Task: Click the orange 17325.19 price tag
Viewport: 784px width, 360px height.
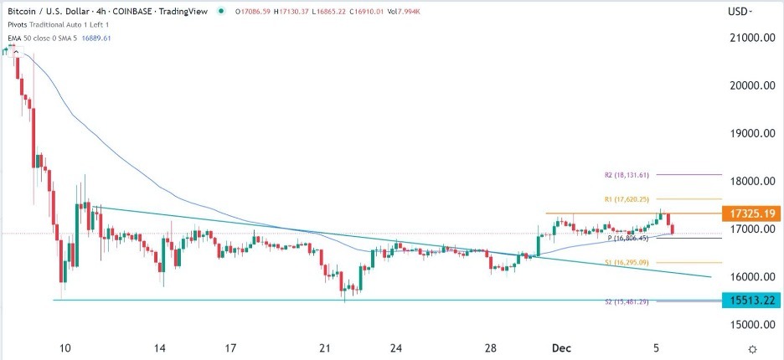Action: coord(751,213)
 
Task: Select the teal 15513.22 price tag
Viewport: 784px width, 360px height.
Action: coord(751,300)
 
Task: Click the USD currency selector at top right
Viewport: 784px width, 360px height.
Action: coord(740,12)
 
